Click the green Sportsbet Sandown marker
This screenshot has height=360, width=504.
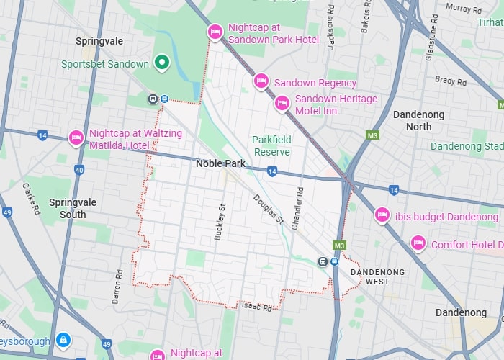click(x=163, y=63)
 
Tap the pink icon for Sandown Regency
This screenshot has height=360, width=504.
click(x=261, y=81)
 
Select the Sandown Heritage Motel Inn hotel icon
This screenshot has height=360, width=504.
click(x=282, y=104)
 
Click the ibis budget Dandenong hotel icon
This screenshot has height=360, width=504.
click(x=382, y=215)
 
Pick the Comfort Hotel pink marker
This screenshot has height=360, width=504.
click(x=418, y=244)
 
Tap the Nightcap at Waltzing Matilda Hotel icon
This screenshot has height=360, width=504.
click(x=76, y=138)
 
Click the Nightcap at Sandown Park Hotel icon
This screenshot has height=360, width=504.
click(x=215, y=32)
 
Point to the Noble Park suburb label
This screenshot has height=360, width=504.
click(x=220, y=163)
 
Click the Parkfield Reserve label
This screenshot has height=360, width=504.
click(x=271, y=145)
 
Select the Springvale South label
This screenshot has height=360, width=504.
click(x=68, y=208)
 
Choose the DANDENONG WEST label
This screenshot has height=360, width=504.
click(x=377, y=277)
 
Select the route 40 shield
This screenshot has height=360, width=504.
click(x=78, y=170)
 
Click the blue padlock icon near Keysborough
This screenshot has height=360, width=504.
click(x=63, y=339)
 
